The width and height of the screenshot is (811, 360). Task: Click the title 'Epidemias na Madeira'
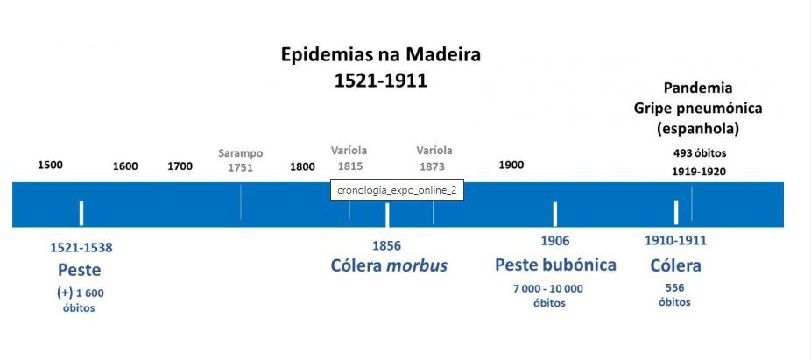(x=380, y=54)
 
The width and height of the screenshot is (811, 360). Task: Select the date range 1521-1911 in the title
(x=380, y=81)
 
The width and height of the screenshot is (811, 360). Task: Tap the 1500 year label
(x=50, y=165)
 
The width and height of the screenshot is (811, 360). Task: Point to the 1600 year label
(x=125, y=166)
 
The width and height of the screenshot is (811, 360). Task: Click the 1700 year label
(x=180, y=166)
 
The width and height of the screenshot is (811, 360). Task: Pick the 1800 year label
(x=302, y=166)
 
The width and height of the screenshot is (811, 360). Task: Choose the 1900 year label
(x=511, y=165)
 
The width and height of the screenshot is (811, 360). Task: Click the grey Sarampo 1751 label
(x=240, y=160)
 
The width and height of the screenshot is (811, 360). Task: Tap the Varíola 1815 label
(x=349, y=159)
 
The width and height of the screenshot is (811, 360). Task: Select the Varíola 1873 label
(x=434, y=159)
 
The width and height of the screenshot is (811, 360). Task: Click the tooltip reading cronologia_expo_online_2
(x=397, y=190)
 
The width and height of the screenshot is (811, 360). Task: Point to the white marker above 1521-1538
(x=81, y=213)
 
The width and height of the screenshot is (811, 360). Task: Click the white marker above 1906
(x=554, y=213)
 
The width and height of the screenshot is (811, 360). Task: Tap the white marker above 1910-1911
(x=676, y=212)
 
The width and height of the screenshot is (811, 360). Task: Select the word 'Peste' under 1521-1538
(x=80, y=270)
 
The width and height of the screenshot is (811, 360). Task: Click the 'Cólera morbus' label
(x=389, y=265)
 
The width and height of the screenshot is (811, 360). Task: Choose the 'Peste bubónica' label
(x=555, y=265)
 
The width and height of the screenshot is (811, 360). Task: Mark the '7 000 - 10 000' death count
(x=548, y=288)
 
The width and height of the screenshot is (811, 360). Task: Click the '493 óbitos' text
(x=699, y=152)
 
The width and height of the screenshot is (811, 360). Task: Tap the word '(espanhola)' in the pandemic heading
(x=698, y=128)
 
